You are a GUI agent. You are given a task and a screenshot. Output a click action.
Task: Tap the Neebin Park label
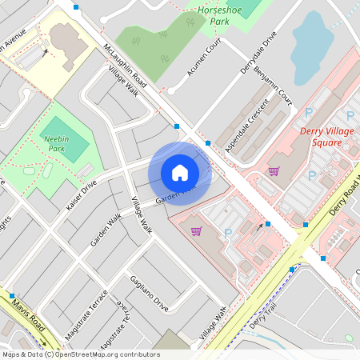click(x=55, y=132)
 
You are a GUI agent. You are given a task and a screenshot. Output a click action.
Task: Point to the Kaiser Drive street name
click(x=82, y=195)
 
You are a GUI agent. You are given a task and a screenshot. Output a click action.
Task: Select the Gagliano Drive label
click(x=150, y=294)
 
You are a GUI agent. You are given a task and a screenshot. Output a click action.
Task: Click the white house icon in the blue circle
click(x=180, y=172)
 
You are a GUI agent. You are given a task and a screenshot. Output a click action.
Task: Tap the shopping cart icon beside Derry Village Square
click(x=274, y=170)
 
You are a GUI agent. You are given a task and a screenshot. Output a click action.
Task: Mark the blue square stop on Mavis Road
click(x=12, y=296)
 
